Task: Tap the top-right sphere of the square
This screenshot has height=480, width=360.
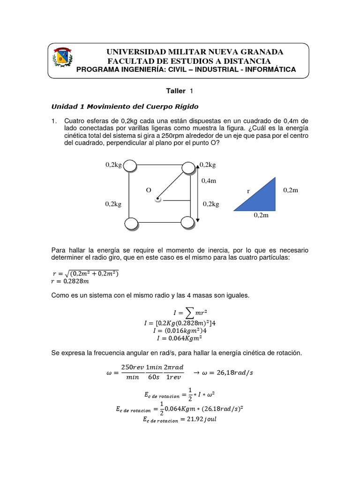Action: (x=188, y=168)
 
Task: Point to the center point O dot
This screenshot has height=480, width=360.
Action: (x=158, y=200)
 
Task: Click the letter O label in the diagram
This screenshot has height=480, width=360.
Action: (x=149, y=190)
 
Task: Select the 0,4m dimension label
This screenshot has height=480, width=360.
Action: (x=209, y=180)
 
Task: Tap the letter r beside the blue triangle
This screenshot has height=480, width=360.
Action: (x=248, y=191)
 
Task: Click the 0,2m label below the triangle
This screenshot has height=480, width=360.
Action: (x=262, y=216)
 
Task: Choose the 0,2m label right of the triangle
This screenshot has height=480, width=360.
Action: (x=291, y=190)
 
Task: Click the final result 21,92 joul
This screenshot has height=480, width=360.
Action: (x=180, y=420)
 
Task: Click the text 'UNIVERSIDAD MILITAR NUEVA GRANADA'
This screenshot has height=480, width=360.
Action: (x=195, y=52)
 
